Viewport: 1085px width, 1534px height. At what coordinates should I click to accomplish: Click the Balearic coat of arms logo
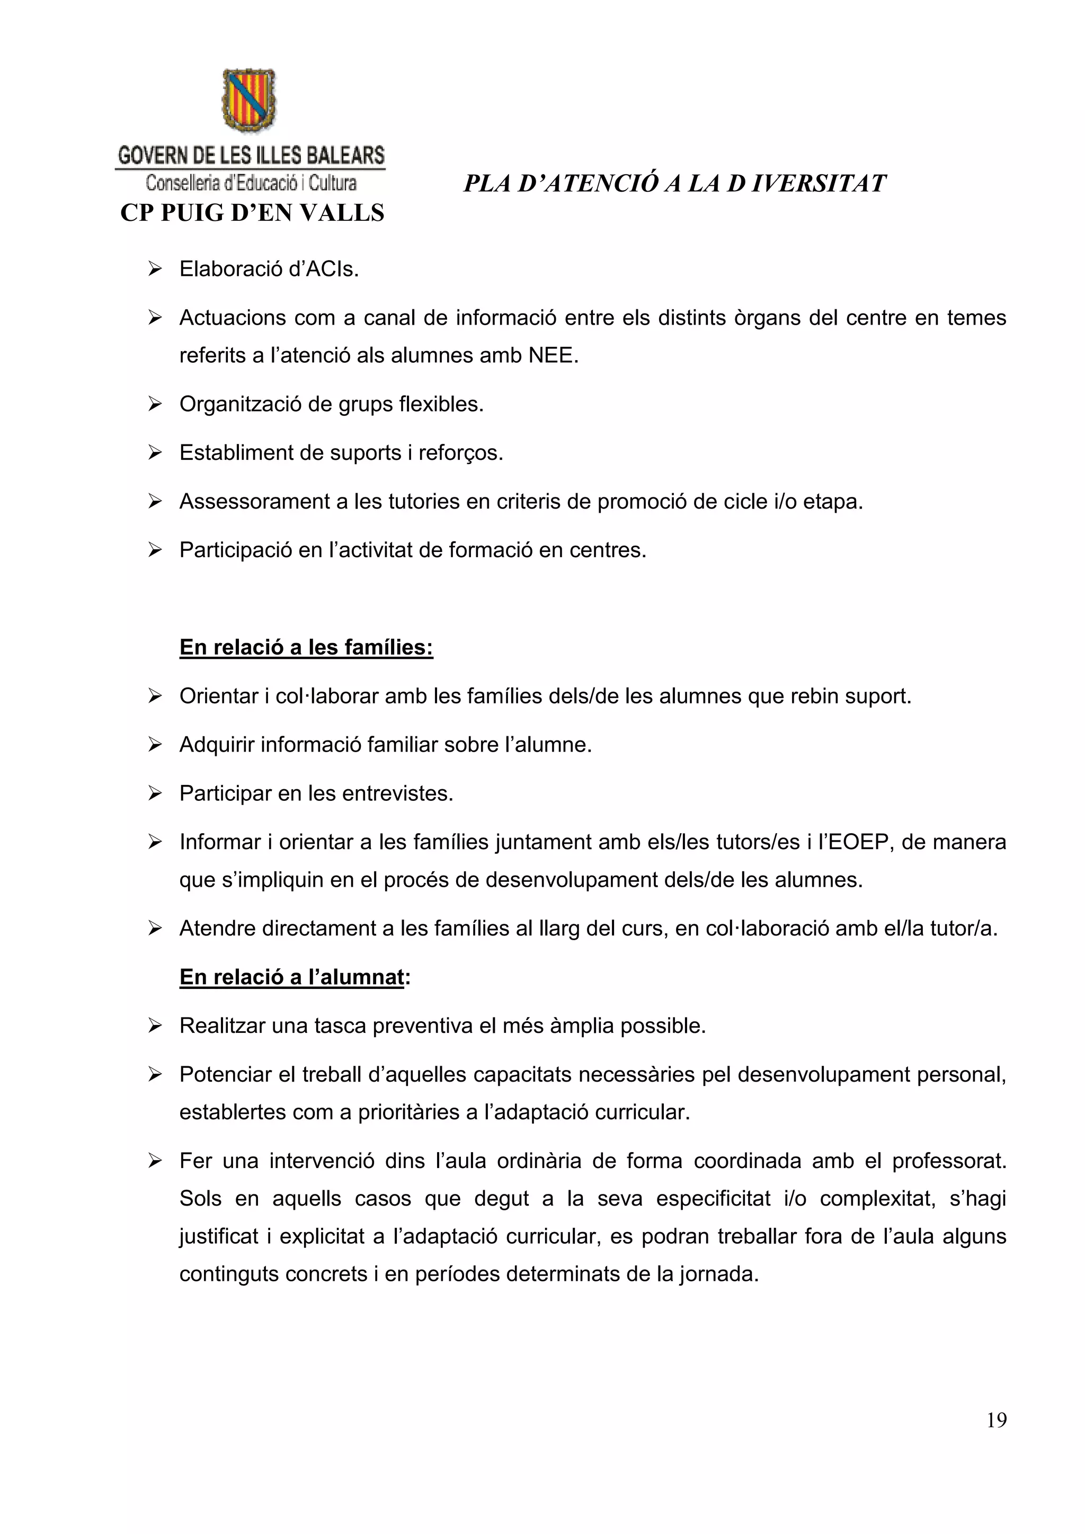(x=248, y=100)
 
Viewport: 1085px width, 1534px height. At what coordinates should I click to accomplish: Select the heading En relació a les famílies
(x=306, y=647)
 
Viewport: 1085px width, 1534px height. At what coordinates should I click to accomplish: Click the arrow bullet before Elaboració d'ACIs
(x=155, y=269)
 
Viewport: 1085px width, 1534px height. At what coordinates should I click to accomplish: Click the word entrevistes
(x=397, y=793)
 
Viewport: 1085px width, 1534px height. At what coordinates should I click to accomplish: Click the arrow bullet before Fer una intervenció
(x=155, y=1161)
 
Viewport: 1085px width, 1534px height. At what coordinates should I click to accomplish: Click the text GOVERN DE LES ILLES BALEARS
(x=251, y=156)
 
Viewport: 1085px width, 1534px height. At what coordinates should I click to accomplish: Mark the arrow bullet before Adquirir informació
(x=155, y=745)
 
